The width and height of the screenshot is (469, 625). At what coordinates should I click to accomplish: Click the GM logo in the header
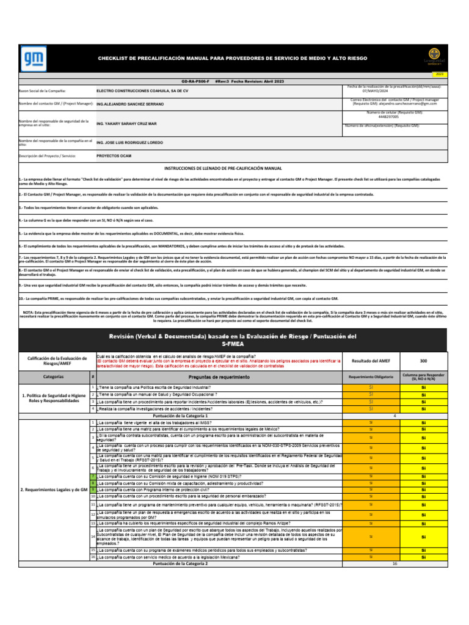[x=31, y=58]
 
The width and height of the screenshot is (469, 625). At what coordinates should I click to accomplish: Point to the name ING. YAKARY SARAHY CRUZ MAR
[x=126, y=123]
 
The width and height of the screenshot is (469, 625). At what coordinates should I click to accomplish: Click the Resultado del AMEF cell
[x=369, y=361]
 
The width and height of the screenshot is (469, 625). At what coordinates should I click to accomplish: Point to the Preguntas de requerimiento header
[x=217, y=378]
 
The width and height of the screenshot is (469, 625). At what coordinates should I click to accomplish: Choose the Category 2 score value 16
[x=395, y=563]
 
